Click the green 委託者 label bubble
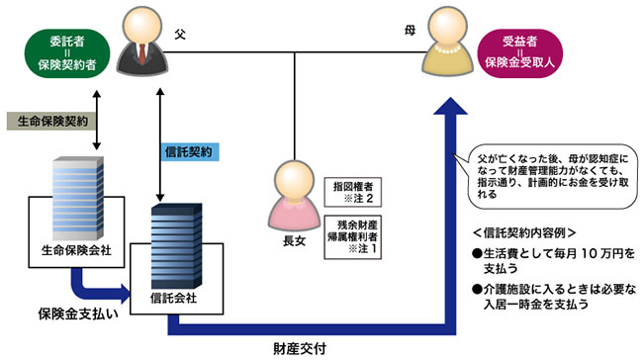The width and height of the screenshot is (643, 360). click(63, 49)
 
